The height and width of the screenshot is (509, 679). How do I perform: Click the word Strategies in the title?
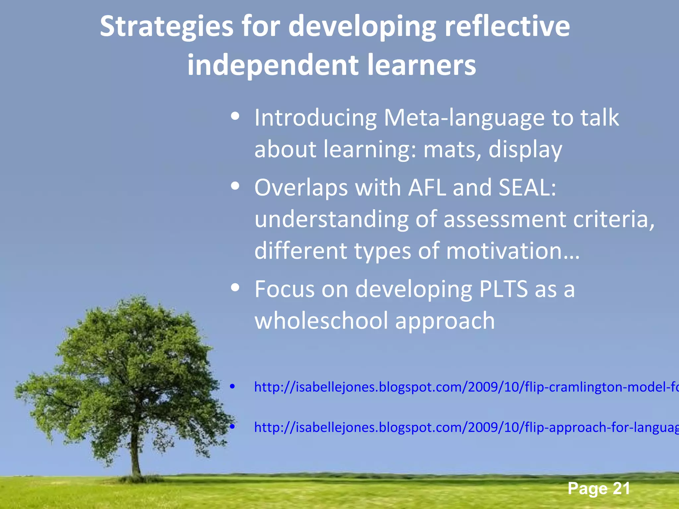click(x=167, y=27)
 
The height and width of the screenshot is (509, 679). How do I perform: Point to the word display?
click(x=525, y=150)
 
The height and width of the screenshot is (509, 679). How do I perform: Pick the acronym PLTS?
click(x=503, y=289)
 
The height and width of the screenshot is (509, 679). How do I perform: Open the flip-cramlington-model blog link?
click(x=464, y=387)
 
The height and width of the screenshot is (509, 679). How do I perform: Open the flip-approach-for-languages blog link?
click(x=464, y=427)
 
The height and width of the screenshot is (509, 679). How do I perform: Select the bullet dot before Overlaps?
click(x=235, y=187)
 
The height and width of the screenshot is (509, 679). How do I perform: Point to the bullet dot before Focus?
click(x=235, y=288)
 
